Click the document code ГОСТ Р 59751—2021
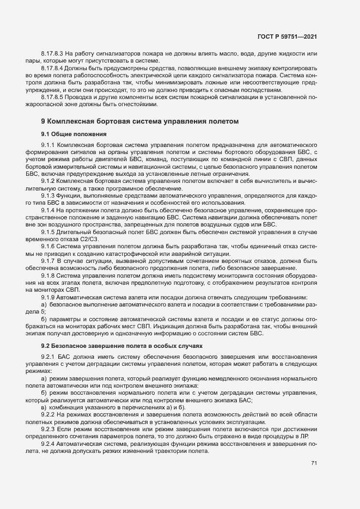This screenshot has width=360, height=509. point(287,36)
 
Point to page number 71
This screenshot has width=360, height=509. point(314,463)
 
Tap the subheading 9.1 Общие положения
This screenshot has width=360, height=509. point(74,133)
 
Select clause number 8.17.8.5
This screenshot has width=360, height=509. point(52,96)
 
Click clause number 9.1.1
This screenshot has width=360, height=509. point(48,146)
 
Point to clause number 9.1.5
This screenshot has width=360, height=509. point(48,232)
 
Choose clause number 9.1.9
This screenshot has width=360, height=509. point(48,297)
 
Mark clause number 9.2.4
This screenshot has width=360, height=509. point(48,444)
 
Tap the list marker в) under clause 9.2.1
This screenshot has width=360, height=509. point(44,407)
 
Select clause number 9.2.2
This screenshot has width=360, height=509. point(48,415)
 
